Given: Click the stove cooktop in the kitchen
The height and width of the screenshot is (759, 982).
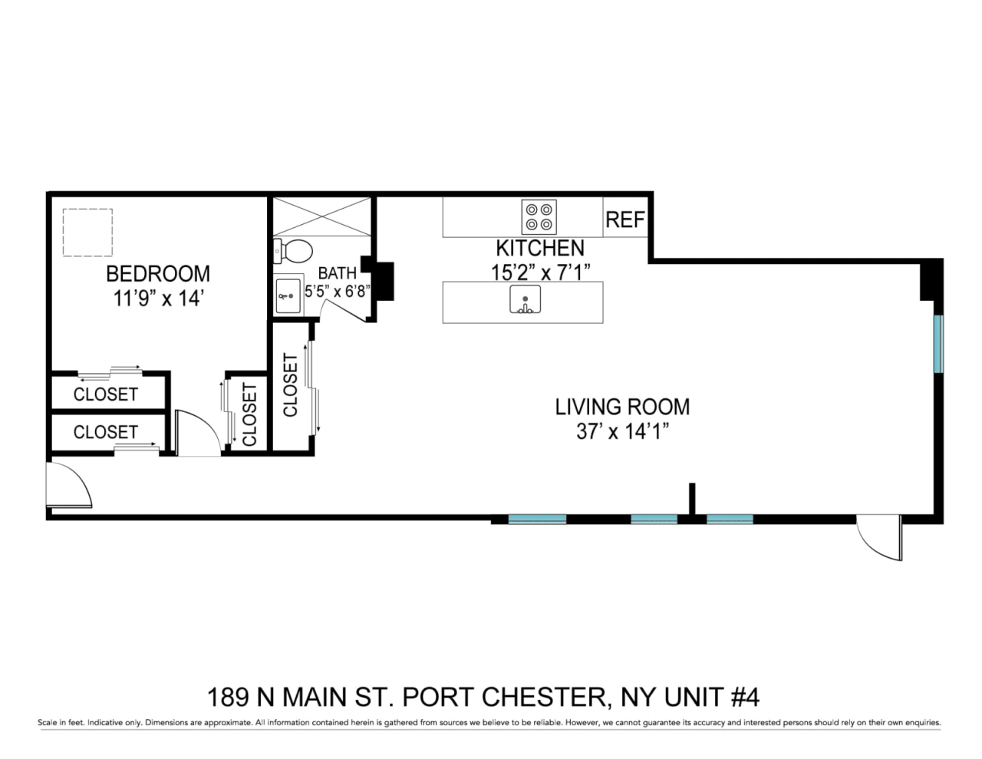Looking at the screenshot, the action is tap(539, 217).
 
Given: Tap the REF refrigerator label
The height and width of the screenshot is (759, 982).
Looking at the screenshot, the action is tap(625, 219).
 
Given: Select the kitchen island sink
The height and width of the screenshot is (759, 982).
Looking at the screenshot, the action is tap(525, 299).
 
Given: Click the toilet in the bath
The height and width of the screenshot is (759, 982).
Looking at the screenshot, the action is tap(293, 252).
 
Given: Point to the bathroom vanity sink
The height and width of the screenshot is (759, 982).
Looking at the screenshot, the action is tap(288, 295).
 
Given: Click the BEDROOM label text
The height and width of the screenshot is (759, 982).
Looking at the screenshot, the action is tap(158, 274).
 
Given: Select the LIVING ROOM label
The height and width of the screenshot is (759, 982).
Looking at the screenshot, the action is tap(622, 407).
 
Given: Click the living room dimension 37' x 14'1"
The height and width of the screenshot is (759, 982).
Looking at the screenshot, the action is tap(622, 431).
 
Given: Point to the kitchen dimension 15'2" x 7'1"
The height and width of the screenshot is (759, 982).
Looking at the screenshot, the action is tap(541, 272).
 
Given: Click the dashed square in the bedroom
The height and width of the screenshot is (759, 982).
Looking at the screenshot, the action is tap(87, 233).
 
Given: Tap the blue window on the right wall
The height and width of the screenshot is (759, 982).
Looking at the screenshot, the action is tap(938, 344).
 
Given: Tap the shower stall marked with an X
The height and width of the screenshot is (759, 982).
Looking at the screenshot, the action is tap(321, 216).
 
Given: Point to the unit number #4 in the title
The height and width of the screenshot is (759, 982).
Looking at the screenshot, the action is tap(745, 697).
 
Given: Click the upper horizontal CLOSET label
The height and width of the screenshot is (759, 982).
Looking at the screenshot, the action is tap(106, 394).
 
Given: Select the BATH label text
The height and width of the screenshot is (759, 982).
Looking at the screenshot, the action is tap(338, 273).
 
